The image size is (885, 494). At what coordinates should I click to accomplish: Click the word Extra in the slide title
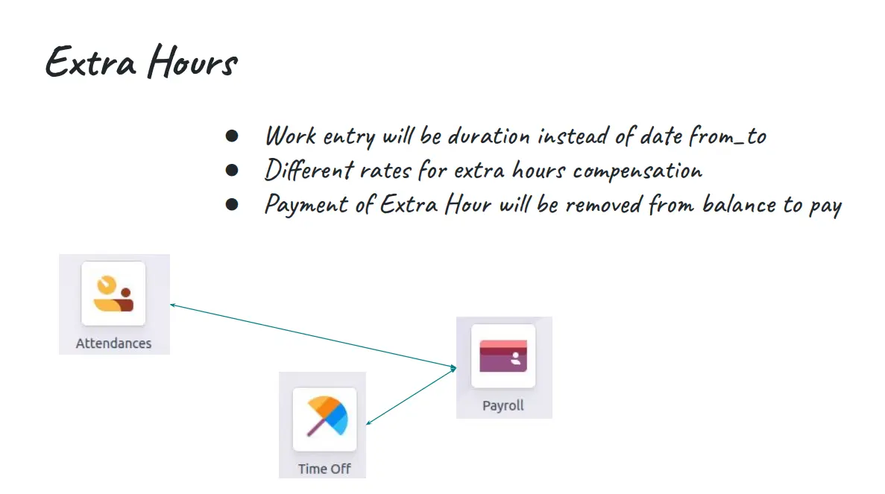[91, 61]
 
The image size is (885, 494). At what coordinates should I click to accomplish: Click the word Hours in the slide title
[192, 61]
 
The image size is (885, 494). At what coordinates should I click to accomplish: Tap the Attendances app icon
[113, 294]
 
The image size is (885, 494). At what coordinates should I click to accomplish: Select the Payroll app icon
[503, 356]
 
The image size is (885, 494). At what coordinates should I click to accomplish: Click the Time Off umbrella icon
[325, 419]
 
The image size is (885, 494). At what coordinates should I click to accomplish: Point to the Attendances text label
[113, 343]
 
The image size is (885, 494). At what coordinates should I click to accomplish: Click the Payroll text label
[503, 405]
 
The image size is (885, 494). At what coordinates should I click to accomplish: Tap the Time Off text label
[324, 469]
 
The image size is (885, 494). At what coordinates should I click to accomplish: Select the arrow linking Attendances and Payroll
[313, 337]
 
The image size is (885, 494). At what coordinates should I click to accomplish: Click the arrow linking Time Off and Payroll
[412, 396]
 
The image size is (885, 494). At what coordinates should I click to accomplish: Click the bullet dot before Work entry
[231, 136]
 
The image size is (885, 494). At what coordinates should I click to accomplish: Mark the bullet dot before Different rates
[231, 170]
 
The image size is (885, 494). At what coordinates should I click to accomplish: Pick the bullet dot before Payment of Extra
[231, 204]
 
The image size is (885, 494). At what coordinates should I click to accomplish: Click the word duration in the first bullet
[489, 136]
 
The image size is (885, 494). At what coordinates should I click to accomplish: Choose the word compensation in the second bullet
[637, 171]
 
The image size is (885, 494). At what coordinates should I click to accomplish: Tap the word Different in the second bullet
[309, 170]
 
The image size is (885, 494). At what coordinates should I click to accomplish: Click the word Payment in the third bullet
[306, 205]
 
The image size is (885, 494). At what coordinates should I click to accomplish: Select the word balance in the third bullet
[739, 203]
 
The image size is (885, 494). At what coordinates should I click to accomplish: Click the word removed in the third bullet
[603, 205]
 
